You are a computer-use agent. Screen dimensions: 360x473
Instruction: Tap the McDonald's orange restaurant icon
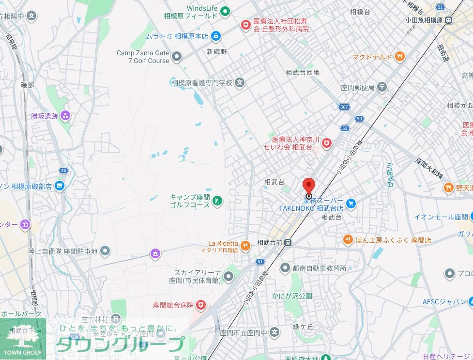(x=399, y=57)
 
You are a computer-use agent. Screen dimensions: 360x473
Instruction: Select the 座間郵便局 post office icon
(x=382, y=87)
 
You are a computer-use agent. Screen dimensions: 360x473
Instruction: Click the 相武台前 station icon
(x=288, y=242)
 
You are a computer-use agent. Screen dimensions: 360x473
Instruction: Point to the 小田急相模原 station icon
(x=449, y=20)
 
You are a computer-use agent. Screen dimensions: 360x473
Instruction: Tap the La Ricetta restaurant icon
(x=245, y=246)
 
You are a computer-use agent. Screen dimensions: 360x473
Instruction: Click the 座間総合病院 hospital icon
(x=200, y=305)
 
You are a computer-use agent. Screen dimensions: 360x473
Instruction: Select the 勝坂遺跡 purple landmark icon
(x=65, y=116)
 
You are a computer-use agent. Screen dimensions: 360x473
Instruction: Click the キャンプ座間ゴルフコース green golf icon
(x=217, y=200)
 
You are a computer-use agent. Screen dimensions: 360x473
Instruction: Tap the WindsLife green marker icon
(x=225, y=11)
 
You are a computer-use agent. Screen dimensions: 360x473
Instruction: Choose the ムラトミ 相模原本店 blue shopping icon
(x=216, y=36)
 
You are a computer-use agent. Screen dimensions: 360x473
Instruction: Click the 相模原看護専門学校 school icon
(x=240, y=83)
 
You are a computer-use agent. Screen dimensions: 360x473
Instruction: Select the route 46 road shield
(x=63, y=170)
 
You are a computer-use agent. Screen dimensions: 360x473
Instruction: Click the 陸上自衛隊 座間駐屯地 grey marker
(x=105, y=251)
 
